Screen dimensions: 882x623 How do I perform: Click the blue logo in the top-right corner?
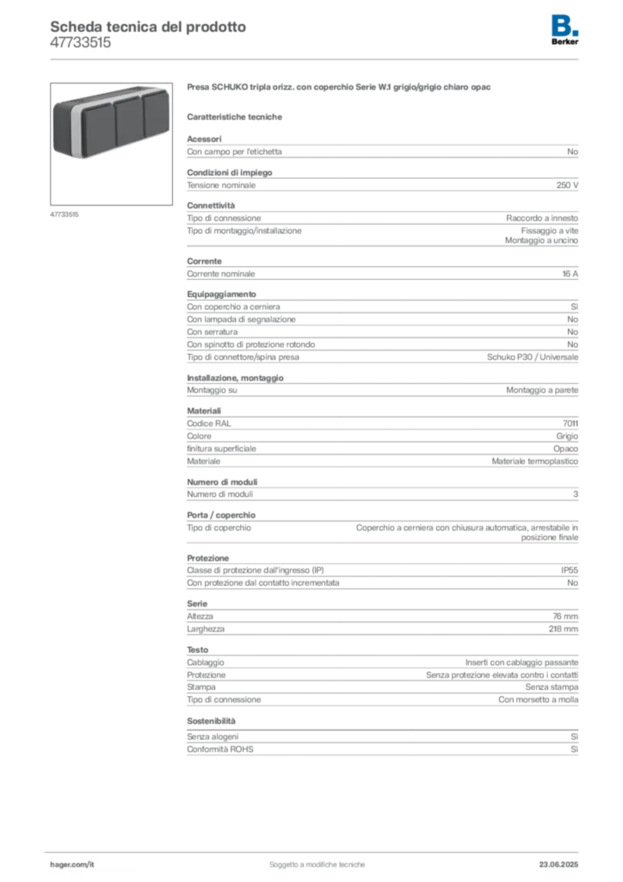tap(564, 26)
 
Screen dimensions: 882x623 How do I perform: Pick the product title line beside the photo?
tap(340, 90)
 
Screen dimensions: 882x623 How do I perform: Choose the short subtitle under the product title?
tap(237, 116)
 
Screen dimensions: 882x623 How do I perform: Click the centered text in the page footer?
tap(318, 860)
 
